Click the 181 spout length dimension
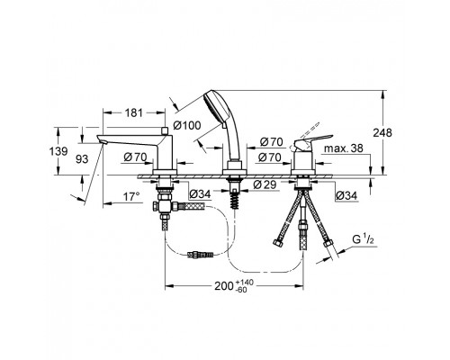[x=133, y=113]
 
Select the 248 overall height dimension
[x=382, y=132]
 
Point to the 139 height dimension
[x=58, y=151]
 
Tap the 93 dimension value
[x=82, y=159]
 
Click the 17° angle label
[x=131, y=197]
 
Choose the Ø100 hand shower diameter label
[x=187, y=125]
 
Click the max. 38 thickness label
[x=344, y=148]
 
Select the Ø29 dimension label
[x=265, y=184]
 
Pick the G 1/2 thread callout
[x=363, y=240]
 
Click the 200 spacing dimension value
[x=224, y=286]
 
